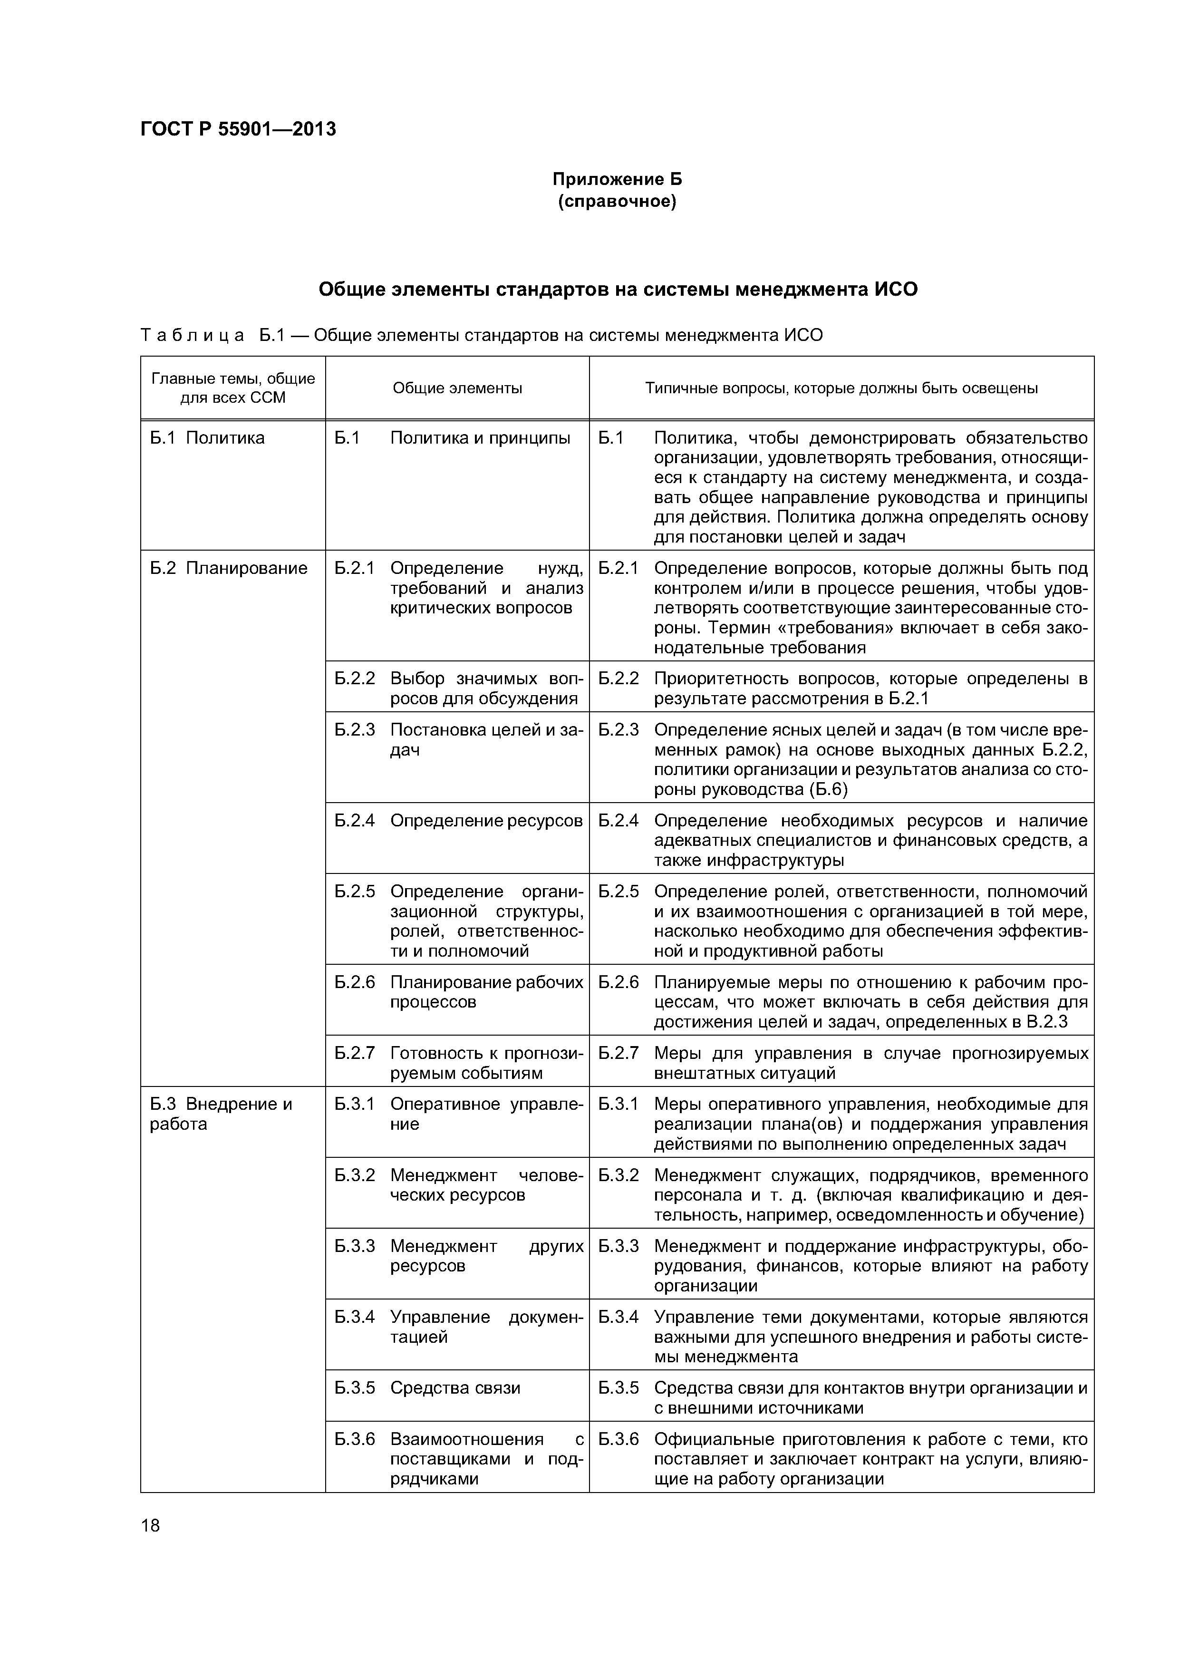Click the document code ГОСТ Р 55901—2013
click(238, 129)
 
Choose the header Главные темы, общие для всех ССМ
click(232, 388)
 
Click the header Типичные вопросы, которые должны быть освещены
click(841, 388)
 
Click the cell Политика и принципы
click(480, 438)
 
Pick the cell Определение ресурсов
click(486, 820)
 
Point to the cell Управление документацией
click(486, 1327)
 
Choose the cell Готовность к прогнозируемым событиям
click(486, 1063)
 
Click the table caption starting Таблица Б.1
click(482, 336)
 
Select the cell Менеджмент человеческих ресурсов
click(486, 1185)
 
